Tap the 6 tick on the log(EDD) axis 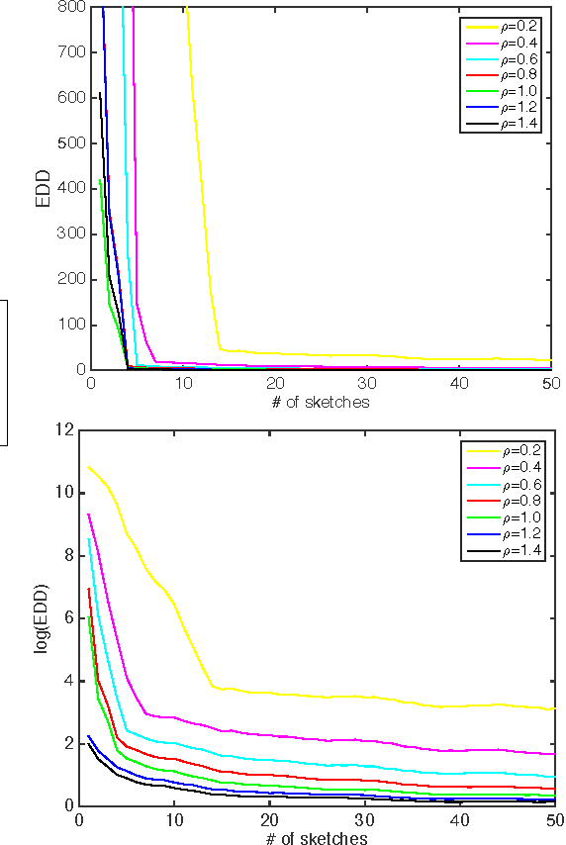tap(71, 617)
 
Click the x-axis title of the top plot tap(322, 401)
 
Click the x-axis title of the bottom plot tap(322, 837)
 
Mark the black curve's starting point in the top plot tap(100, 93)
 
